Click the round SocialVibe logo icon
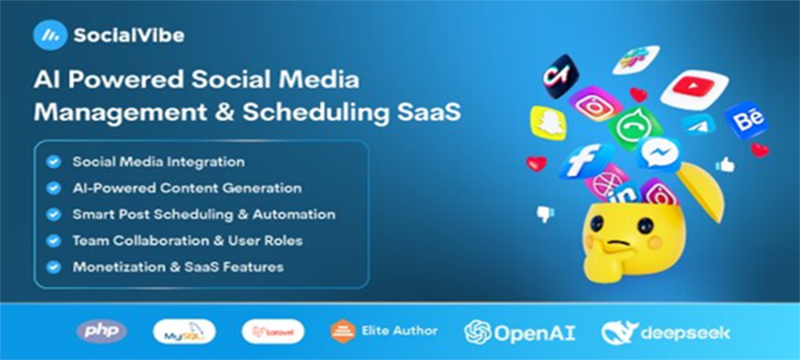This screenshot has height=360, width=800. pos(50,34)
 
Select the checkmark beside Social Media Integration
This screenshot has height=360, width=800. pos(54,162)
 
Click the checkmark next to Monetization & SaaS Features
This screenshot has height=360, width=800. pos(54,266)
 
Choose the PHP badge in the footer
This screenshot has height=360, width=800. pos(102,332)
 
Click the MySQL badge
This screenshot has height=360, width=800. pos(184,332)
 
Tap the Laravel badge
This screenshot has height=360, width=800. pos(273,332)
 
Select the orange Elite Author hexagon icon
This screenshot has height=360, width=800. pos(343,331)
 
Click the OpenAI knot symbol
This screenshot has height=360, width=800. pos(478,333)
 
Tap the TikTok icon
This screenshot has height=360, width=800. pos(560,75)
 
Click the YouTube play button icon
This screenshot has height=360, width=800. pos(695,89)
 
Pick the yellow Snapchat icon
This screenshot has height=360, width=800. pos(548,123)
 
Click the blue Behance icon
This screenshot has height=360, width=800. pos(746,120)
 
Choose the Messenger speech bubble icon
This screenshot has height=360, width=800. pos(658,154)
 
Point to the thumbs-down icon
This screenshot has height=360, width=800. pos(546,214)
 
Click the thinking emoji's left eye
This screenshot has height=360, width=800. pos(598,223)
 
